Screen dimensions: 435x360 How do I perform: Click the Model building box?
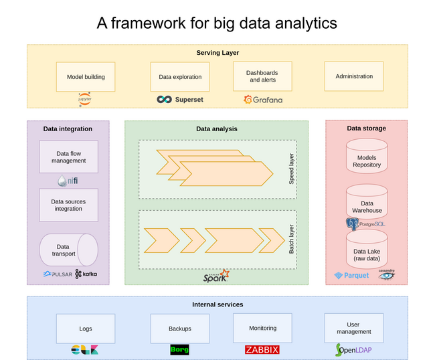pyautogui.click(x=86, y=77)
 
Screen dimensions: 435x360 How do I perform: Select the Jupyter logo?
pyautogui.click(x=84, y=99)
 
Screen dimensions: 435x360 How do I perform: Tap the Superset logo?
pyautogui.click(x=180, y=100)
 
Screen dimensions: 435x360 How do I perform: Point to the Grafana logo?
pyautogui.click(x=263, y=100)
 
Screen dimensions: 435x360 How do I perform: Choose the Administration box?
pyautogui.click(x=354, y=76)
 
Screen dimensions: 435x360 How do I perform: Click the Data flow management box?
pyautogui.click(x=68, y=157)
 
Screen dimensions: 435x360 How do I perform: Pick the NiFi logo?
pyautogui.click(x=68, y=181)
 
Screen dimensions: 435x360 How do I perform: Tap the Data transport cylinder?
pyautogui.click(x=68, y=250)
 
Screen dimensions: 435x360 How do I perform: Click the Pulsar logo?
pyautogui.click(x=58, y=274)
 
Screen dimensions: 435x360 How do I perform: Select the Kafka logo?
pyautogui.click(x=86, y=274)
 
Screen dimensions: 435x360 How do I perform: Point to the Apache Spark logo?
pyautogui.click(x=216, y=276)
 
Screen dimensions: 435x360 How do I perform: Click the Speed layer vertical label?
pyautogui.click(x=291, y=169)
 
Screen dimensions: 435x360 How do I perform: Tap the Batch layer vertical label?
pyautogui.click(x=291, y=239)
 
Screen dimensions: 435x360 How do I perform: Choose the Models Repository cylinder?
pyautogui.click(x=367, y=156)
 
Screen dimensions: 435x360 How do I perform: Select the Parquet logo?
pyautogui.click(x=351, y=276)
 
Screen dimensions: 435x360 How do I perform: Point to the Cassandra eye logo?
pyautogui.click(x=386, y=274)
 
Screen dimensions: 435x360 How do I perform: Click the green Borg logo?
pyautogui.click(x=180, y=350)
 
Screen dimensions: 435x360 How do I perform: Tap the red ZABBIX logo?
pyautogui.click(x=262, y=350)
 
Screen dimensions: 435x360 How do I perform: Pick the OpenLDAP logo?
pyautogui.click(x=353, y=350)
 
